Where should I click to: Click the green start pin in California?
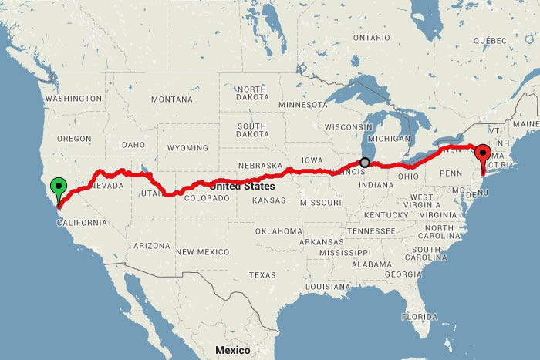(58, 187)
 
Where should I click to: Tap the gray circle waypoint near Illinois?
(366, 163)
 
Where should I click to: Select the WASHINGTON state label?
(73, 99)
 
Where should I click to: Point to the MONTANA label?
(171, 99)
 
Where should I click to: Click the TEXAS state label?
(262, 275)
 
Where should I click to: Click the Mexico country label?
(232, 350)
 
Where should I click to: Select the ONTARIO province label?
(373, 37)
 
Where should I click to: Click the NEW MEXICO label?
(202, 252)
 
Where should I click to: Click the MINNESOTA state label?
(302, 104)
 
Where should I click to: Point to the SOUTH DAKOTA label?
(251, 131)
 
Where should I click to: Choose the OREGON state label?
(74, 138)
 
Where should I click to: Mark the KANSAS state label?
(268, 200)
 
